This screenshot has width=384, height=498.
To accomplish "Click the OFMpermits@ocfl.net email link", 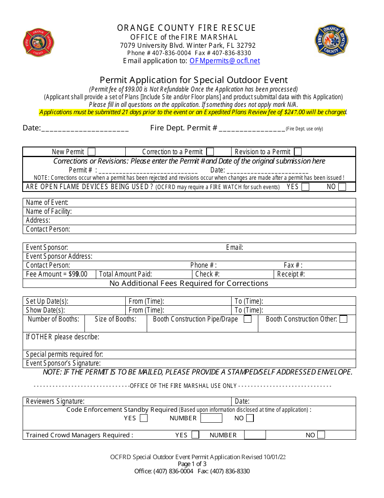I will (225, 61).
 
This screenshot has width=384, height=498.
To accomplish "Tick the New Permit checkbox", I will (92, 151).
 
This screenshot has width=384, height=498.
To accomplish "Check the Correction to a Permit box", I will (210, 151).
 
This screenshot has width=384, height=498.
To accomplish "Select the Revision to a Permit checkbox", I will (298, 151).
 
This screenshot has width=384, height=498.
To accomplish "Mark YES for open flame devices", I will (306, 187).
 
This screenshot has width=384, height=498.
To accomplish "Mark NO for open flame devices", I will (342, 187).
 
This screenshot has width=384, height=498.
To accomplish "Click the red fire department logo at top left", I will (38, 43).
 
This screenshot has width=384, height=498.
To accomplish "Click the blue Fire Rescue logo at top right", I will (331, 40).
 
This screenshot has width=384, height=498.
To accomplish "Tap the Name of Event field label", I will (47, 202).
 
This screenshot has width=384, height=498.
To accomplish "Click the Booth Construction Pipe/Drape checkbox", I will (248, 319).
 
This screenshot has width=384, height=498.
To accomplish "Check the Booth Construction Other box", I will (344, 319).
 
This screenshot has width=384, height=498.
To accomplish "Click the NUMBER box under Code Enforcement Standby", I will (211, 418).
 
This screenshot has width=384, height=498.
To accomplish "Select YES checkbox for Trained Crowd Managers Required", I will (195, 435).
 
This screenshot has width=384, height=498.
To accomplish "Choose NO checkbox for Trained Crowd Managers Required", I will (321, 435).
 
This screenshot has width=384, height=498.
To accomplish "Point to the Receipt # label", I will (291, 274).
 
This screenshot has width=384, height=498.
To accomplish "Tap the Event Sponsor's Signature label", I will (63, 363).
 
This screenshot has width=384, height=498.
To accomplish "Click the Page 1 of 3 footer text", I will (192, 464).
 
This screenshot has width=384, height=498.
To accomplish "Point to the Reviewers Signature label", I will (55, 401).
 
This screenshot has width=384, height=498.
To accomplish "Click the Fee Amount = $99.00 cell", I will (57, 274).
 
